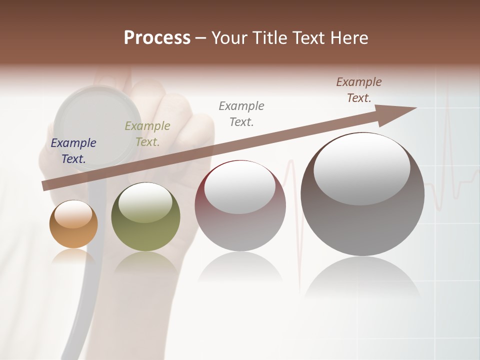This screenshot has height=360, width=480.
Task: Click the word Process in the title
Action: coord(157,38)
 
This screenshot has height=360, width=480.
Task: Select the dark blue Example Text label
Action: coord(73,151)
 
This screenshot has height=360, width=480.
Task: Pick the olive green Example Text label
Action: coord(147,134)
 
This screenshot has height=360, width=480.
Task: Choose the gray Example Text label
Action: coord(241,113)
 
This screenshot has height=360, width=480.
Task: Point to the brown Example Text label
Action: coord(359,90)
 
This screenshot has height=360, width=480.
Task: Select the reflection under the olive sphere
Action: coord(145,262)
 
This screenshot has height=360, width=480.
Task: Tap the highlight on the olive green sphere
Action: coord(145,202)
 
